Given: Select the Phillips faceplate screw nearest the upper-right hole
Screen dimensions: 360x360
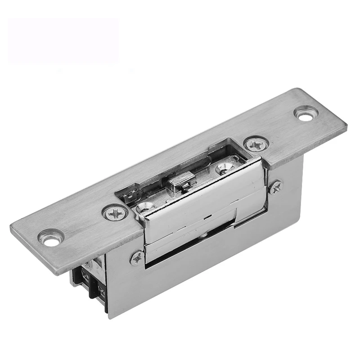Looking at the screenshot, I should coord(256,144).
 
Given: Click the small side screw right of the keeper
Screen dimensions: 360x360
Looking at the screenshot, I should coord(275,187).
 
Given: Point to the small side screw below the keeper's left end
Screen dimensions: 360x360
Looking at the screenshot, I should coord(137,258).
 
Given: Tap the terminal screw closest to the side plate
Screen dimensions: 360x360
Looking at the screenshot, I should coord(101,292).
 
